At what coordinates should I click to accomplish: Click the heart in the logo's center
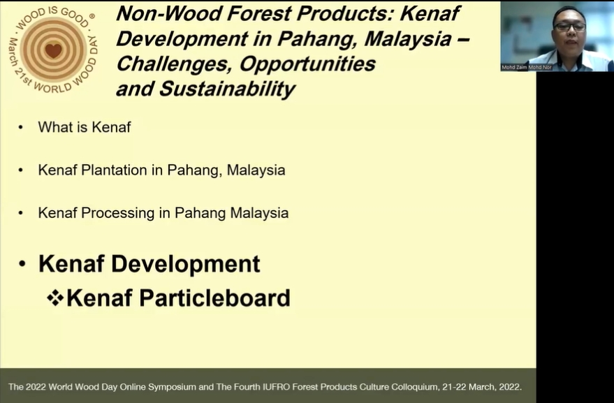(x=53, y=50)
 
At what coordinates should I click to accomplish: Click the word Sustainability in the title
(x=227, y=89)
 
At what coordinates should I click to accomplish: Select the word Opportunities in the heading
(x=307, y=64)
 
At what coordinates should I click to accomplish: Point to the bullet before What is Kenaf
(x=20, y=127)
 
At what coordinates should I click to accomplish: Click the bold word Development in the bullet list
(x=186, y=263)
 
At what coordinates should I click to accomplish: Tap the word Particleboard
(x=214, y=298)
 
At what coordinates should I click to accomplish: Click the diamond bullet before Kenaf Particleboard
(x=55, y=298)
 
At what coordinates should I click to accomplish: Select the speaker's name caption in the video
(x=526, y=67)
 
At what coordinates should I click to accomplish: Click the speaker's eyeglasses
(x=570, y=27)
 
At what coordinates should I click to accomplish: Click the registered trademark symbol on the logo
(x=92, y=17)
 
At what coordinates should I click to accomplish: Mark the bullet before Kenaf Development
(x=22, y=264)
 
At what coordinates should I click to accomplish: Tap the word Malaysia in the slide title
(x=408, y=38)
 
